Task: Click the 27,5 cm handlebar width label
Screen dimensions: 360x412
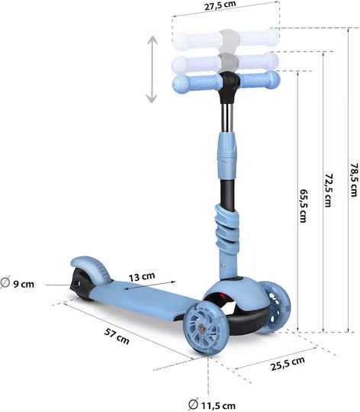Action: pos(220,5)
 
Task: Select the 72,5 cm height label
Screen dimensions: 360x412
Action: pos(328,190)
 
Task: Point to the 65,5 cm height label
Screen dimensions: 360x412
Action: pos(304,206)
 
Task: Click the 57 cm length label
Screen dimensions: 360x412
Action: pos(117,336)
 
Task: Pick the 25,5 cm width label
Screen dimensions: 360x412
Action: pos(288,363)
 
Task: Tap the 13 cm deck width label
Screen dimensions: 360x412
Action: pos(142,276)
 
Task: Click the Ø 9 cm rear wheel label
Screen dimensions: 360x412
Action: pos(18,283)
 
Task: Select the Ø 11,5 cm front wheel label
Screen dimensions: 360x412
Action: pos(212,405)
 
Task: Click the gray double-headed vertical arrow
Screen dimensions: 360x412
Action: pos(152,69)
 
